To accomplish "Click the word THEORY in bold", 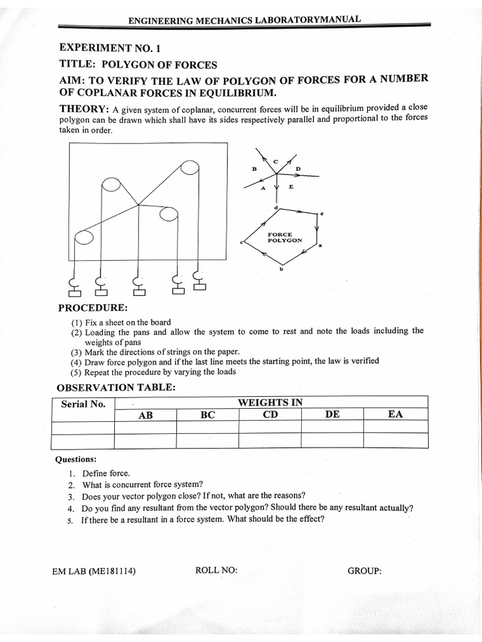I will pyautogui.click(x=84, y=109).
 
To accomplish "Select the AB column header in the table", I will pyautogui.click(x=146, y=414).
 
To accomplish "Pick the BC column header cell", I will pyautogui.click(x=208, y=414).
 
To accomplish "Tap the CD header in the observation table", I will pyautogui.click(x=270, y=414).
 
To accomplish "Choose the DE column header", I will pyautogui.click(x=333, y=414).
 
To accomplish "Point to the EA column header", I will pyautogui.click(x=395, y=414).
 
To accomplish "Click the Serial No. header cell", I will pyautogui.click(x=83, y=404).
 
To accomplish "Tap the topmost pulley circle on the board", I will pyautogui.click(x=189, y=169).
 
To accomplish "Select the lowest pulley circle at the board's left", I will pyautogui.click(x=83, y=238).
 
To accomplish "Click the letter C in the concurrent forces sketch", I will pyautogui.click(x=275, y=162).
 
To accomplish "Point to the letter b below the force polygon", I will pyautogui.click(x=281, y=269).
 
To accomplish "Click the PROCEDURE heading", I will pyautogui.click(x=93, y=308).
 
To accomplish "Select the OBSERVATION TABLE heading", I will pyautogui.click(x=115, y=387).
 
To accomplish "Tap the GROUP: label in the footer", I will pyautogui.click(x=364, y=571).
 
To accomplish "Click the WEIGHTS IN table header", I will pyautogui.click(x=270, y=403).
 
